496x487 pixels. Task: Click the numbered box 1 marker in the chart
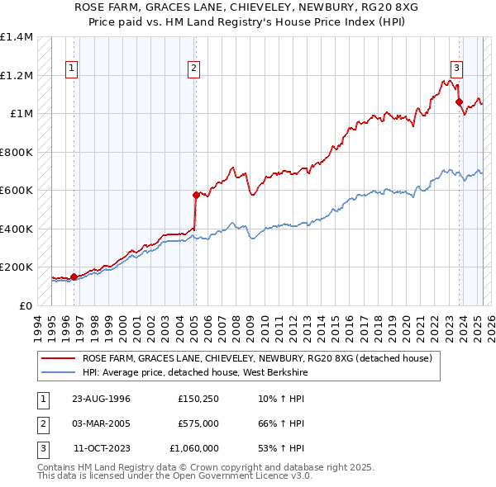click(72, 69)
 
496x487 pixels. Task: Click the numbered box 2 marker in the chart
click(193, 69)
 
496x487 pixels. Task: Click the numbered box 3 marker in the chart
click(456, 69)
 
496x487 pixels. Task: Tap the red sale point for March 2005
click(196, 195)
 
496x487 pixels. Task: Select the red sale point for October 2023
click(460, 102)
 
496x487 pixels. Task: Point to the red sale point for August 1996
click(74, 277)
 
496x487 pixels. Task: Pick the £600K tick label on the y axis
click(17, 191)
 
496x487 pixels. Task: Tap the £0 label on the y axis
click(25, 305)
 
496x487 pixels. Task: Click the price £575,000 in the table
click(198, 423)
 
